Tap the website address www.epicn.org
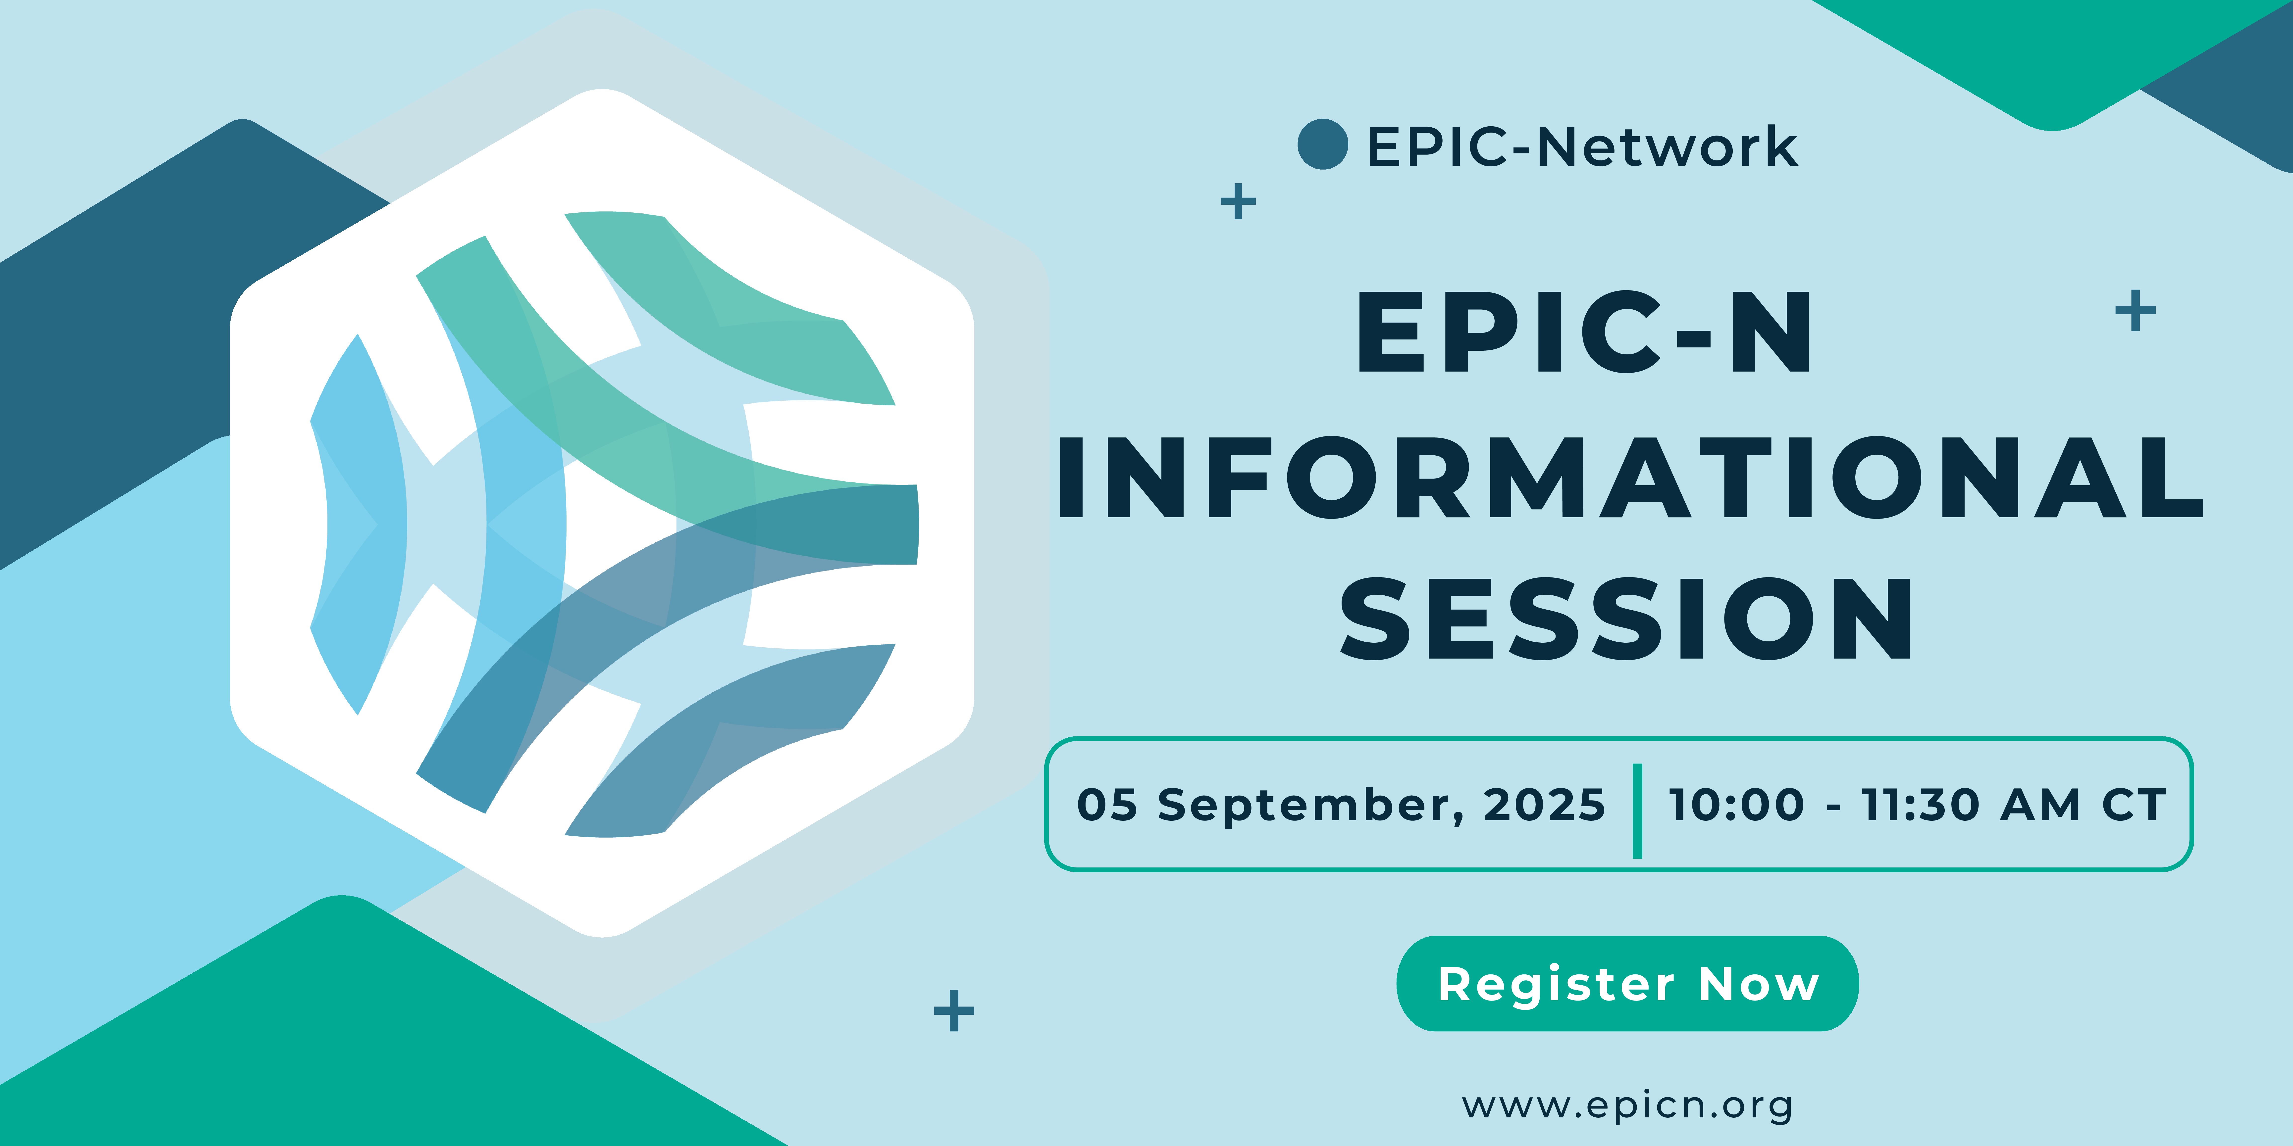[x=1627, y=1106]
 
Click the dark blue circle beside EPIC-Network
[x=1323, y=144]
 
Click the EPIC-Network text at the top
[x=1582, y=147]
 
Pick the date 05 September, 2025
[x=1341, y=804]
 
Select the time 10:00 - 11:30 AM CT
[x=1917, y=804]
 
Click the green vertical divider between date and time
[x=1637, y=811]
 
